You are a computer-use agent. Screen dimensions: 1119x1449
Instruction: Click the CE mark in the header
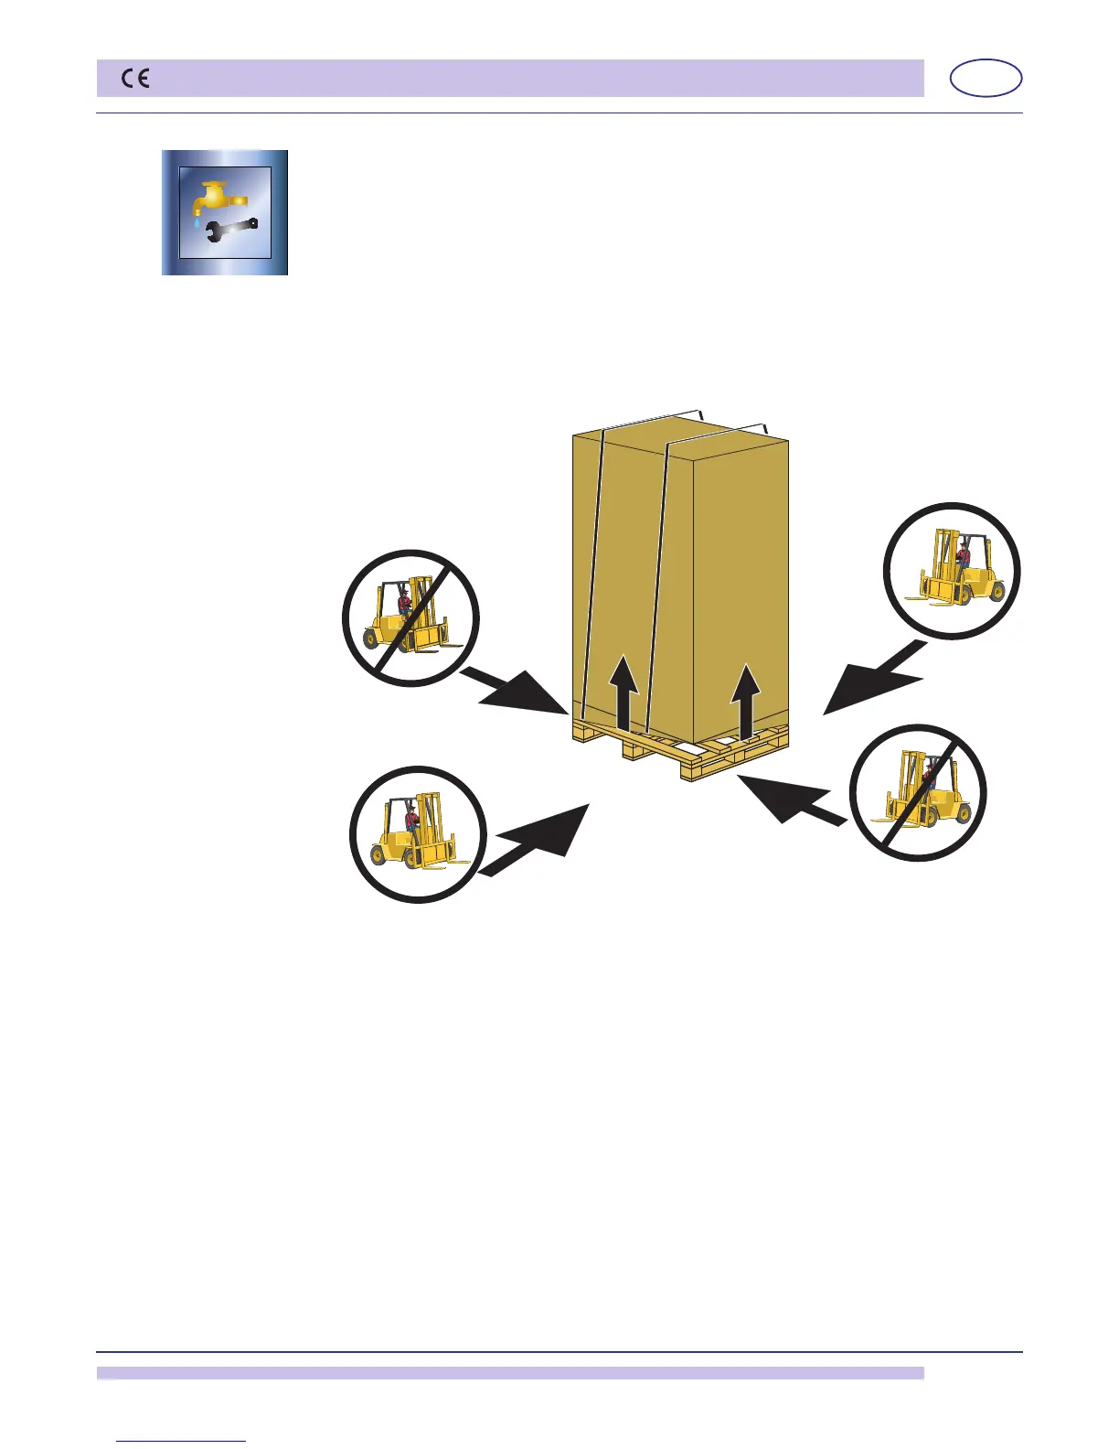click(136, 80)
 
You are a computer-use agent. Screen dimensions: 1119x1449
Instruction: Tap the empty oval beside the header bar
click(986, 79)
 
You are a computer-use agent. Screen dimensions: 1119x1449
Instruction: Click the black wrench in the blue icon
click(227, 231)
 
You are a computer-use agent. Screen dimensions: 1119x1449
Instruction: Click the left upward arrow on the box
click(624, 690)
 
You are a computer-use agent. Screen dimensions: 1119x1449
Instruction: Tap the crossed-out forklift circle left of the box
click(410, 617)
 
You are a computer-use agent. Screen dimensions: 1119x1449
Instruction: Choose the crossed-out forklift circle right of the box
click(918, 792)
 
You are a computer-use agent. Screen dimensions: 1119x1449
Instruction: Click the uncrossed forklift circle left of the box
click(420, 834)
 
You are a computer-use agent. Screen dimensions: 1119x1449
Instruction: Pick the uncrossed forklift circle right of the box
click(952, 571)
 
